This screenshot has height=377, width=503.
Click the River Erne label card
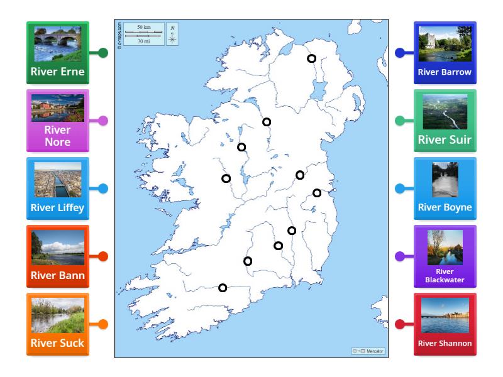pyautogui.click(x=58, y=53)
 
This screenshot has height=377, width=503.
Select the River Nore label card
pyautogui.click(x=58, y=121)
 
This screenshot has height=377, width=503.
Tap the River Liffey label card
pyautogui.click(x=58, y=188)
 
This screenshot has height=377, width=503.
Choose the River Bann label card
pyautogui.click(x=58, y=256)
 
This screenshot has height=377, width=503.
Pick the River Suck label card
pyautogui.click(x=58, y=324)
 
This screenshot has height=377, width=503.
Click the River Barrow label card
pyautogui.click(x=445, y=53)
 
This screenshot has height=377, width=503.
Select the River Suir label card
pyautogui.click(x=445, y=121)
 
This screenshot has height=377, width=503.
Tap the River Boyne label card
pyautogui.click(x=445, y=188)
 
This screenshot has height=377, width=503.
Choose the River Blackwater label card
pyautogui.click(x=445, y=256)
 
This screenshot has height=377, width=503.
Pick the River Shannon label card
pyautogui.click(x=445, y=324)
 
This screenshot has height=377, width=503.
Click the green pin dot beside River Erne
pyautogui.click(x=103, y=53)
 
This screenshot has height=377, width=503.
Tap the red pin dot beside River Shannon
pyautogui.click(x=399, y=324)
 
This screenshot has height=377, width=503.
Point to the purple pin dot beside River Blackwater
pyautogui.click(x=399, y=256)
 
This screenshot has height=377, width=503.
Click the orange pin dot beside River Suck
pyautogui.click(x=103, y=324)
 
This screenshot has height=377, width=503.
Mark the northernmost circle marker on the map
pyautogui.click(x=311, y=58)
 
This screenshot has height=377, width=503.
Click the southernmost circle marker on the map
pyautogui.click(x=223, y=288)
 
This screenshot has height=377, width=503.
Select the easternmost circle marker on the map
pyautogui.click(x=317, y=193)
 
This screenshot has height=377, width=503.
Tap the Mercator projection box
pyautogui.click(x=368, y=351)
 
